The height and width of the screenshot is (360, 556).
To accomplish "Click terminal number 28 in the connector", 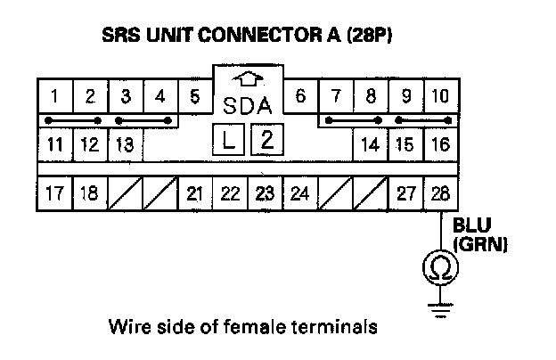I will pos(440,192).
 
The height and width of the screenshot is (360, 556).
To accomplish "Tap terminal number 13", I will pos(125,143).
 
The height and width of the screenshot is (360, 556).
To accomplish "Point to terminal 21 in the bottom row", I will pos(195,192).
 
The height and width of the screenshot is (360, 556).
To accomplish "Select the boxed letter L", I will pos(229,139).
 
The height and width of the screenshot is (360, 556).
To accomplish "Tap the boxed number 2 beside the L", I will pos(265,139).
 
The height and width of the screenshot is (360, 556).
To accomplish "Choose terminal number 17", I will pos(55,192).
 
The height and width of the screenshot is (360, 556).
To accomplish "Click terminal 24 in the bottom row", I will pos(299,192).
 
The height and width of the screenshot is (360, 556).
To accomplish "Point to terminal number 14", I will pos(370,143).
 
